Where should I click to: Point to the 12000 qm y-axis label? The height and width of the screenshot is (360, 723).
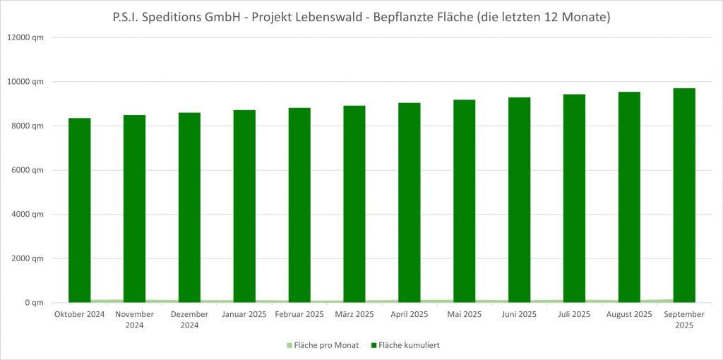pos(27,37)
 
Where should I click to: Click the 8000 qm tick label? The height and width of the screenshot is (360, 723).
pos(29,126)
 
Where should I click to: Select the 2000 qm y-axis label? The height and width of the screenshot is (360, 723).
pos(29,258)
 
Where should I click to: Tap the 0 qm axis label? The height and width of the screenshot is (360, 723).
pos(33,303)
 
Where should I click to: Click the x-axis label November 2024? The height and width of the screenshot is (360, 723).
pos(134,319)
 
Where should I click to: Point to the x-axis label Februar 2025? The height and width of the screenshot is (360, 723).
pos(299,314)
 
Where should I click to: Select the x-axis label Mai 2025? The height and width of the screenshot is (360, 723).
pos(464,314)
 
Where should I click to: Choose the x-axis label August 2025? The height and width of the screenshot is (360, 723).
pos(629,314)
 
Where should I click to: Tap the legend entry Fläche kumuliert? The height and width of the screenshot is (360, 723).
pos(410,345)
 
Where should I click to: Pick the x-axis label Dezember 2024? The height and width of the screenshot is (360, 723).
pos(189,319)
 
